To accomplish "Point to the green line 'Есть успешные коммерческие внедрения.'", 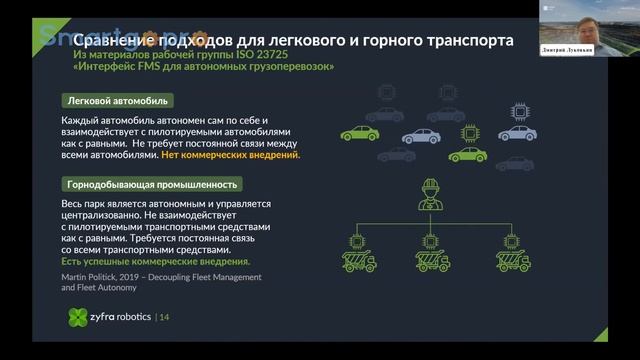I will tap(156, 262).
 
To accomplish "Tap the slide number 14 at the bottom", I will tap(165, 318).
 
